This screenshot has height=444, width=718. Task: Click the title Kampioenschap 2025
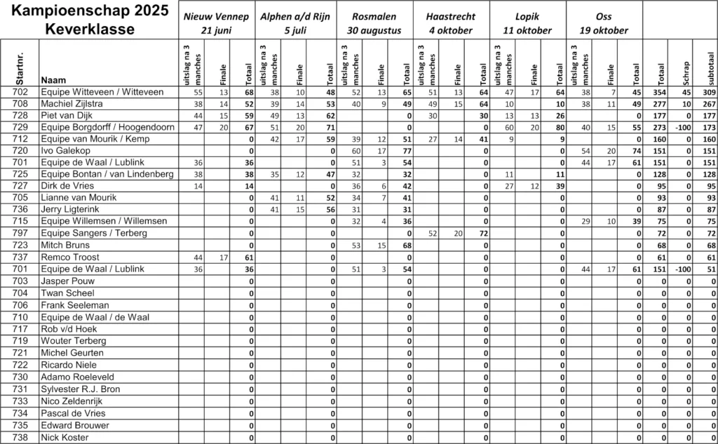(90, 11)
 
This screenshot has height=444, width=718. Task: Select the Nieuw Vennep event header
(216, 22)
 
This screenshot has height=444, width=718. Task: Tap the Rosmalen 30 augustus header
(374, 22)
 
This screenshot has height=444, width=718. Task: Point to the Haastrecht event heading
(451, 22)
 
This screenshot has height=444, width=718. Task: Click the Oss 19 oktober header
(603, 22)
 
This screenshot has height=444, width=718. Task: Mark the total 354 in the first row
(659, 92)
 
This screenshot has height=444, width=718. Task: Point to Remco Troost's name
(69, 257)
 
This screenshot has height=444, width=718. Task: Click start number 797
(21, 233)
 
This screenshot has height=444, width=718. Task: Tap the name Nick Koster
(65, 437)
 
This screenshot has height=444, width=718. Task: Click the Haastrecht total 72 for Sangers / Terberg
(483, 233)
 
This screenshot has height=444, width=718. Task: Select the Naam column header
(54, 79)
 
